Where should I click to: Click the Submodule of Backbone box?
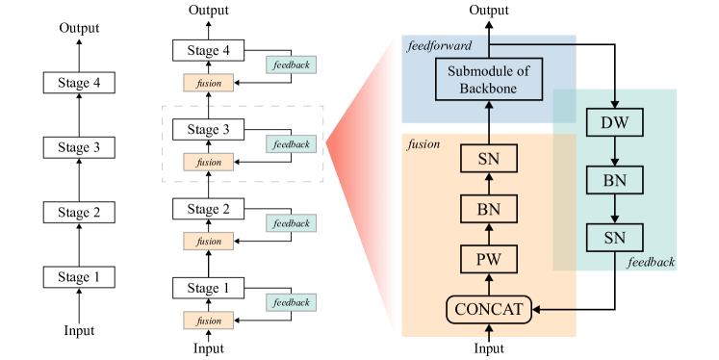489,79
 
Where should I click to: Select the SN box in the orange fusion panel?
489,158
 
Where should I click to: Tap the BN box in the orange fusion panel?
489,209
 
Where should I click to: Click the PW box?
489,259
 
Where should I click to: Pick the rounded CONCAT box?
489,309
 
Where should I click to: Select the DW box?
614,122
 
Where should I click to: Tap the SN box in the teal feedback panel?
614,237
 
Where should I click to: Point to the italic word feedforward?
438,45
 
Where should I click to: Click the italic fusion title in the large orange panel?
424,144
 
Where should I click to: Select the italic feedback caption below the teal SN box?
650,262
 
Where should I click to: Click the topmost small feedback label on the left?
291,65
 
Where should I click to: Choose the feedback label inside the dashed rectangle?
291,144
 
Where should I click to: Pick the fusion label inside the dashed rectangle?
209,163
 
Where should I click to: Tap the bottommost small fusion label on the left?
209,321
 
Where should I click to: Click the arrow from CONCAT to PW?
489,284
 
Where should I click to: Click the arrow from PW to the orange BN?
489,234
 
